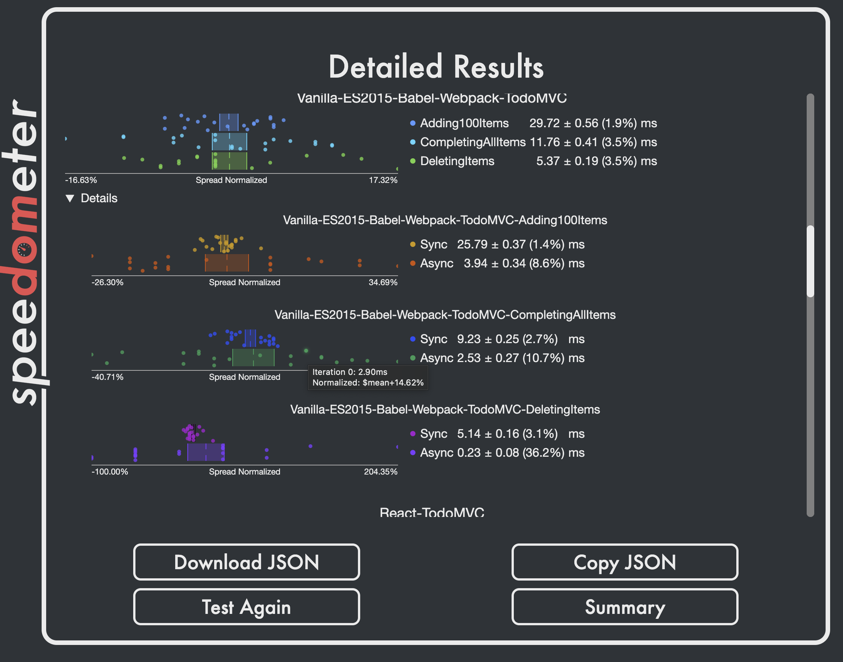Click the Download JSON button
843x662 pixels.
246,562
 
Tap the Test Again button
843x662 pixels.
246,607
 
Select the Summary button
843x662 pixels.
625,607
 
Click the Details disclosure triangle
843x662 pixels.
70,198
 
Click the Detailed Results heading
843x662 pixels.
436,67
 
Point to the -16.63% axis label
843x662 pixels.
81,180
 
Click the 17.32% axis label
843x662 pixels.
383,180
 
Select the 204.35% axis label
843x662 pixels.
380,472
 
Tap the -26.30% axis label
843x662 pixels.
107,283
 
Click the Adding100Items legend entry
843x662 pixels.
464,123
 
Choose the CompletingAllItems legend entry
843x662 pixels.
473,142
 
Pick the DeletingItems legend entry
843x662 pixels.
457,161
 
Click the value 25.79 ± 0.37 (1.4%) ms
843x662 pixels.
520,245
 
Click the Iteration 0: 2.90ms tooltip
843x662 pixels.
368,378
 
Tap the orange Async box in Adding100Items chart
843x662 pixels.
227,263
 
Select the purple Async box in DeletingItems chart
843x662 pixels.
205,452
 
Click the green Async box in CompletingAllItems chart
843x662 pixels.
253,358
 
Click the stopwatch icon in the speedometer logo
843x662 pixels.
24,250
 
